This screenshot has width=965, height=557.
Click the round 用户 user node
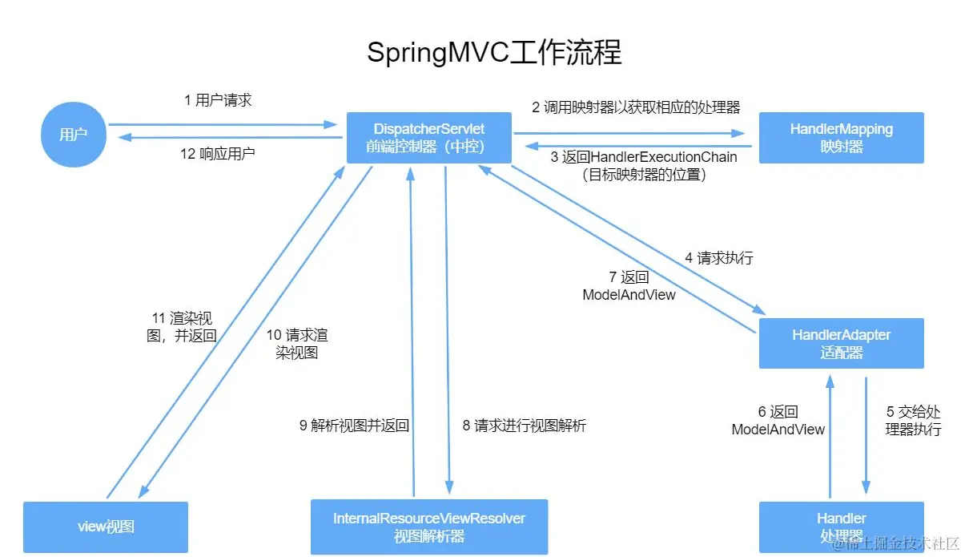coord(73,135)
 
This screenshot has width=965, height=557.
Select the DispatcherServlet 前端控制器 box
coord(428,138)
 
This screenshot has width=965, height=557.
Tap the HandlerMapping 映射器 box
coord(841,138)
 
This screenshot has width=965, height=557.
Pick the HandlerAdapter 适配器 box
coord(841,343)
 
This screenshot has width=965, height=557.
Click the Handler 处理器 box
coord(841,527)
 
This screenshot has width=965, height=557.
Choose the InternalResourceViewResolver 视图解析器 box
coord(429,527)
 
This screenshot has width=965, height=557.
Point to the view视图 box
coord(106,527)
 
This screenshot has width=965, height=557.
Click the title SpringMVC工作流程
coord(494,53)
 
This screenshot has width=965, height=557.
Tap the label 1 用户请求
coord(218,100)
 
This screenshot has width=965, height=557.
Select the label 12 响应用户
coord(218,153)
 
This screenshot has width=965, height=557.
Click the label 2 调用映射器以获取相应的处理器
coord(636,107)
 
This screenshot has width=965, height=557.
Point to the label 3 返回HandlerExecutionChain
coord(644,165)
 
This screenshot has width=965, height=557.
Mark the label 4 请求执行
coord(718,258)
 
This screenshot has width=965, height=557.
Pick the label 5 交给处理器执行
coord(913,421)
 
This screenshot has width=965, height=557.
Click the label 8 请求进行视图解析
coord(524,426)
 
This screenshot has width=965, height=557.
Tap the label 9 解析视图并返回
coord(354,426)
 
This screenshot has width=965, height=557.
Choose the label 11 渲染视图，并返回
coord(182,326)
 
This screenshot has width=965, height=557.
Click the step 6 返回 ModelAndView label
coord(778,421)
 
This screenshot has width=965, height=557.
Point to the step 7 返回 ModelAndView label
coord(629,285)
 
